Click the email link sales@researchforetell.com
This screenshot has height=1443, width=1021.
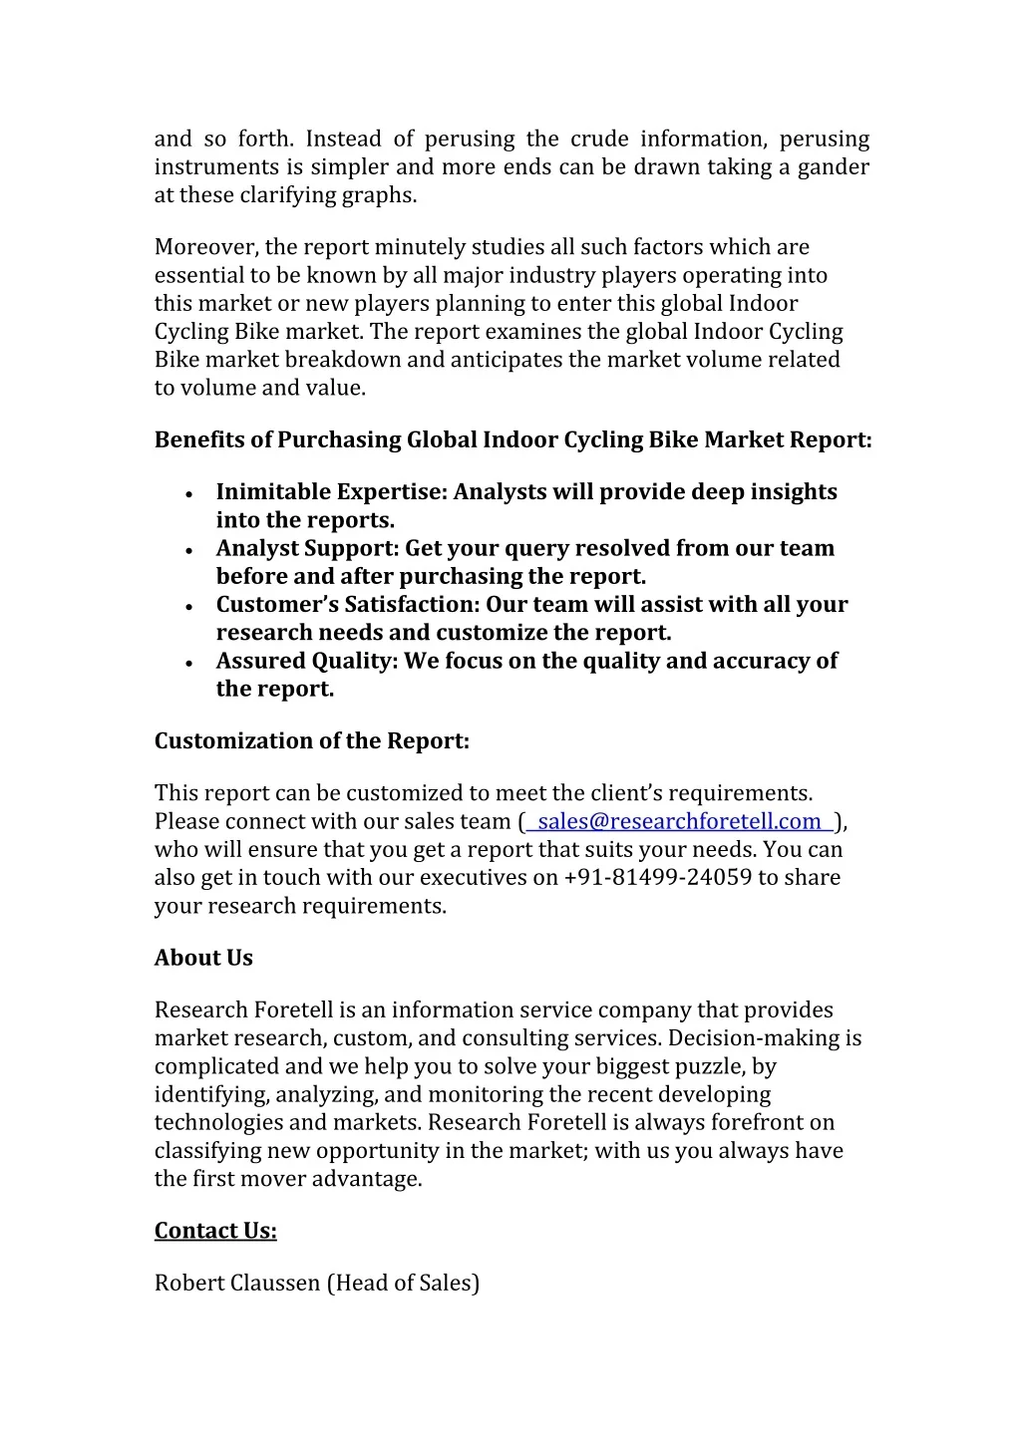pos(679,821)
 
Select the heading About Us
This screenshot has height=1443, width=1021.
pos(203,958)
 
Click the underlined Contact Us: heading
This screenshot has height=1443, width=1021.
pos(215,1231)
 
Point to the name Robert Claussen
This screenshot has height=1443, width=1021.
pos(237,1283)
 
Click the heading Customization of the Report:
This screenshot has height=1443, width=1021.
pos(311,740)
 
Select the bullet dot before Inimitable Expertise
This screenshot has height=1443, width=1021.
pos(189,493)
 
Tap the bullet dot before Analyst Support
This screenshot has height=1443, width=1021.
pos(189,549)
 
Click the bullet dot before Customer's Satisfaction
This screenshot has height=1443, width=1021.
pos(189,606)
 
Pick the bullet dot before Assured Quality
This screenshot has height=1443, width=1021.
pos(189,662)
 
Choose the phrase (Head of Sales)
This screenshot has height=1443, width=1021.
pos(403,1283)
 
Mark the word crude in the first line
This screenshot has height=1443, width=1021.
pos(599,139)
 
